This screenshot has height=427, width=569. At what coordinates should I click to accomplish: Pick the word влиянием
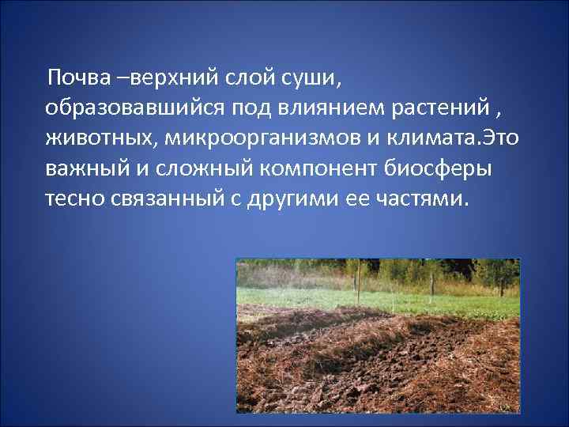point(317,108)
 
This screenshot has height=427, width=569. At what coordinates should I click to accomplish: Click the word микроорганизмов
point(253,138)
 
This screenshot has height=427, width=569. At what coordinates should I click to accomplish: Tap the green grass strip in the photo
point(379,301)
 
